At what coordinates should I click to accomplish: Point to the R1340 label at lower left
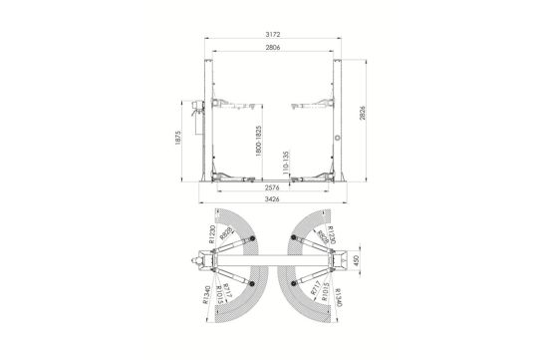206,297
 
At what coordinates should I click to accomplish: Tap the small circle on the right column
339,140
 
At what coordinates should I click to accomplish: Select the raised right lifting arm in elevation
310,104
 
